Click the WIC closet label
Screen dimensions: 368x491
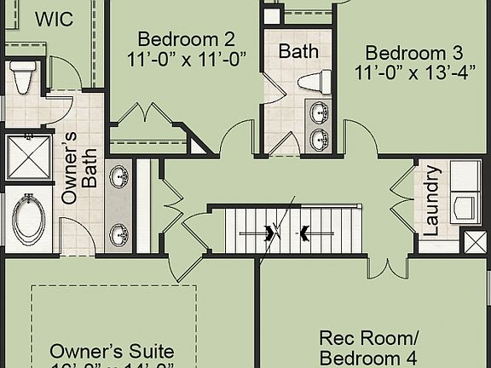54,18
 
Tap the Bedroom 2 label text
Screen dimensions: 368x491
186,38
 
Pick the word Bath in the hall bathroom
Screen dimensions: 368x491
298,51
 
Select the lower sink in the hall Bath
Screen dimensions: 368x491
319,139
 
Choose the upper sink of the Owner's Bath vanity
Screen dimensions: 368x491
118,177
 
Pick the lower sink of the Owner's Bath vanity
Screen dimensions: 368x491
118,233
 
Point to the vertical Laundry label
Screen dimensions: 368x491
431,201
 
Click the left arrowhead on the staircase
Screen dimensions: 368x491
272,233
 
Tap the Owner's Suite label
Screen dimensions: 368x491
112,351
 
